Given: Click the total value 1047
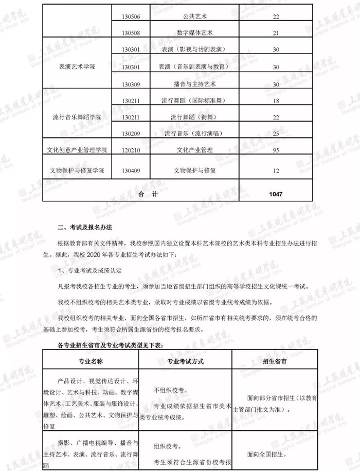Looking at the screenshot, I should pos(276,194).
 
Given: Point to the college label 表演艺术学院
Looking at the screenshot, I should pos(78,67).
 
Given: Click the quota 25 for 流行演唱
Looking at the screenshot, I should pos(276,133).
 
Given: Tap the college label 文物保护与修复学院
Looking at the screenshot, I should pos(78,170).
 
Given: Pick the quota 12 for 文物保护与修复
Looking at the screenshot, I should pos(276,170).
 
